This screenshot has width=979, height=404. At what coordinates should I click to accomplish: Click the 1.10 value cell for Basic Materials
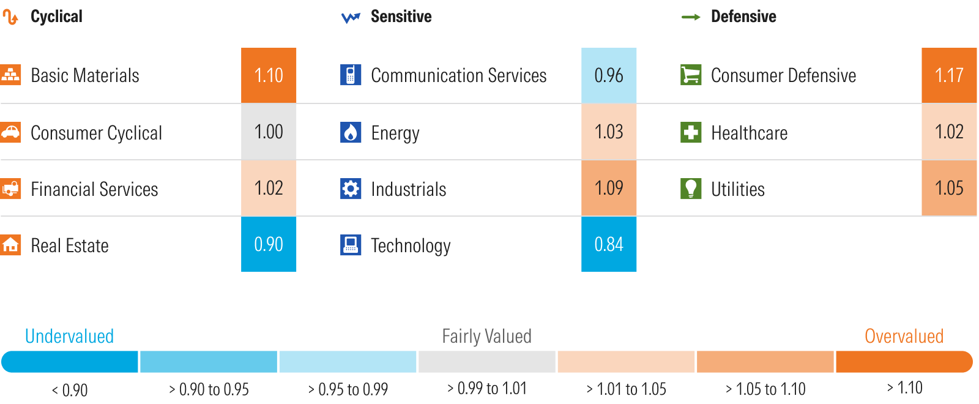(x=269, y=75)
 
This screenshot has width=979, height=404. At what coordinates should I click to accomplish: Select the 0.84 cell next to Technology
(x=609, y=244)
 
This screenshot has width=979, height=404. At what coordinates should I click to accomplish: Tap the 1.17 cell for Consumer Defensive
(x=949, y=75)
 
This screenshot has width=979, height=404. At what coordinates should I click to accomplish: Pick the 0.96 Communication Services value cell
(x=609, y=75)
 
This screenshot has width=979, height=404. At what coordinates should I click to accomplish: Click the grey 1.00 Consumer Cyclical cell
(x=269, y=132)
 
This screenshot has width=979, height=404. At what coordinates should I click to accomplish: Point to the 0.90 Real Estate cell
(x=269, y=244)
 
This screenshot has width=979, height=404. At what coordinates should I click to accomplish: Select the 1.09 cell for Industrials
(x=609, y=188)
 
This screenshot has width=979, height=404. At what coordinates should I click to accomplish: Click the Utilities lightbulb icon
(x=691, y=189)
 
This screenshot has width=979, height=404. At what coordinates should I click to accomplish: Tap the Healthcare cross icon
(x=691, y=132)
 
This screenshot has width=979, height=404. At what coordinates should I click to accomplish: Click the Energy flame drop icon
(x=351, y=132)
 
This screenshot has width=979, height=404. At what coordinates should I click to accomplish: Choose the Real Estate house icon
(x=10, y=245)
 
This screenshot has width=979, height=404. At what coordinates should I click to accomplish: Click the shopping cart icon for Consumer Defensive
(x=691, y=75)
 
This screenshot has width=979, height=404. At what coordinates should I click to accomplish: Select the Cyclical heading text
(x=56, y=17)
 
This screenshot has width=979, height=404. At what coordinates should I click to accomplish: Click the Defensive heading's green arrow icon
(x=691, y=17)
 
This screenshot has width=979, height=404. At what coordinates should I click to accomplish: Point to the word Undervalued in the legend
(x=69, y=336)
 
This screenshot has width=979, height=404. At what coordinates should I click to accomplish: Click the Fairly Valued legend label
(x=486, y=336)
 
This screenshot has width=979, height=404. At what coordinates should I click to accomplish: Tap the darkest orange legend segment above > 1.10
(x=904, y=362)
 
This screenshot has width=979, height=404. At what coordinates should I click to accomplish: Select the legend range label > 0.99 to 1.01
(x=486, y=389)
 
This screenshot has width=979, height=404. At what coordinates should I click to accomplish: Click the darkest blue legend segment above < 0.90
(x=70, y=362)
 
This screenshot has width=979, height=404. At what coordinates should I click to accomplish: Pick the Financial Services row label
(x=94, y=189)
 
